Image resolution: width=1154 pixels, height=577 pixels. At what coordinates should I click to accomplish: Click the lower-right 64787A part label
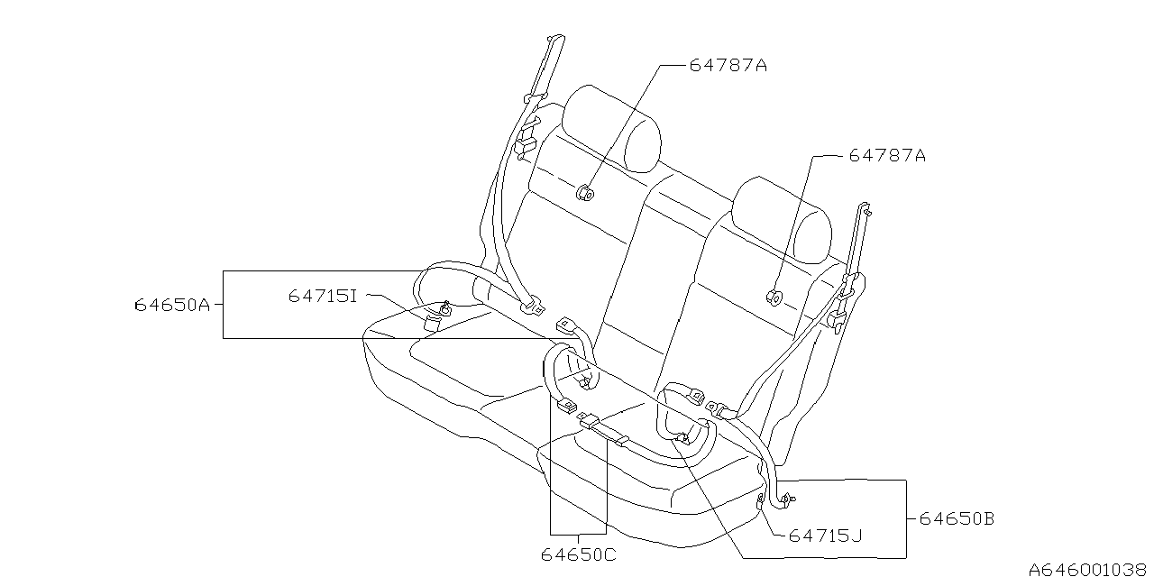click(887, 156)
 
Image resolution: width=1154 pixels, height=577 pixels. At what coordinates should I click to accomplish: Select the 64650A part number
click(171, 305)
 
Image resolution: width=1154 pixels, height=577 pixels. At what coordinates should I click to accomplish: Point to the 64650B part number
click(957, 519)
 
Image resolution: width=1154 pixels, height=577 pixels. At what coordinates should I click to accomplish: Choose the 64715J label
click(826, 536)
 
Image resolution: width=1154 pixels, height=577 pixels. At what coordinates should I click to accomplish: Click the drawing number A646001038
click(1088, 568)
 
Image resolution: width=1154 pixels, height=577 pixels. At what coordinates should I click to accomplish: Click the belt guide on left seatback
click(583, 191)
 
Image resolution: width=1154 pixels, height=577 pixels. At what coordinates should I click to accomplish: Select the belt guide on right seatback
click(773, 295)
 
